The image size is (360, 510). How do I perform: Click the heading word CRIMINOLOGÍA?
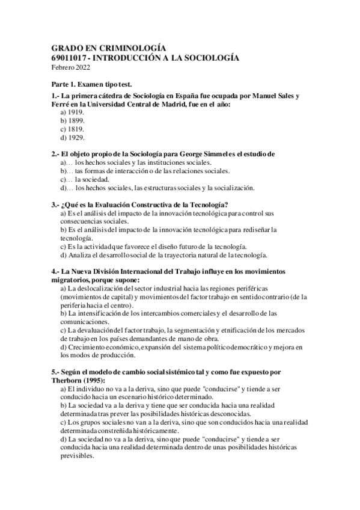(133, 49)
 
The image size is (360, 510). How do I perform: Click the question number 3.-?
(56, 204)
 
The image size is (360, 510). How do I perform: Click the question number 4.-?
(56, 271)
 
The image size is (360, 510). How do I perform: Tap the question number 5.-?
(56, 372)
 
